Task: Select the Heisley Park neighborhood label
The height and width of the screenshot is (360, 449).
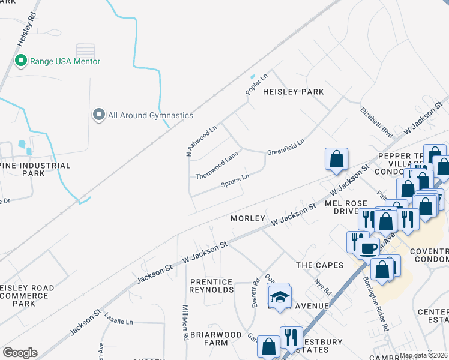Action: coord(294,92)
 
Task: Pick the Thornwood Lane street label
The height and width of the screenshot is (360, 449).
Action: coord(217,165)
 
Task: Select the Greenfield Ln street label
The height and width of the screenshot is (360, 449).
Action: coord(286,146)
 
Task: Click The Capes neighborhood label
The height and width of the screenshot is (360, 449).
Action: coord(319,265)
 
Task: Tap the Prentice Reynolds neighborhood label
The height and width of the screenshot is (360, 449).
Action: coord(211,286)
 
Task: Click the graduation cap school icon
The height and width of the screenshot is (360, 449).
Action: coord(279,297)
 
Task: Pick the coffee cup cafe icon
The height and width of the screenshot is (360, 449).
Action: coord(367,248)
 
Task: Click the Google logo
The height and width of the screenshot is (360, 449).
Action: coord(20,353)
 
